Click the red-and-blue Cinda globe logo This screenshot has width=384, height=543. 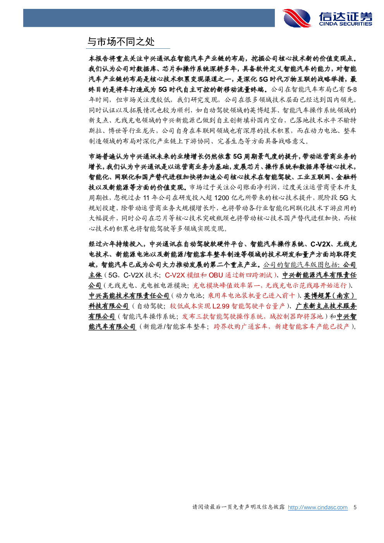[297, 18]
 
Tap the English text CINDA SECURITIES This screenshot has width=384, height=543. [345, 24]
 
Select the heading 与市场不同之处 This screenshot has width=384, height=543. [121, 42]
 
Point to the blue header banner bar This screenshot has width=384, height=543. [149, 18]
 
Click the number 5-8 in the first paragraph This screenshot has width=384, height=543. [352, 89]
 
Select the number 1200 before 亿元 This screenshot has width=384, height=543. [222, 198]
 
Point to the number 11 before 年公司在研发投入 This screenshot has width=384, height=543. [146, 198]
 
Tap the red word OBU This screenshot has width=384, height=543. [216, 275]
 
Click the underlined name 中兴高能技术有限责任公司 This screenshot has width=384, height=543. [129, 296]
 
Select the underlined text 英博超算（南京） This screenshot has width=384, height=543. [330, 296]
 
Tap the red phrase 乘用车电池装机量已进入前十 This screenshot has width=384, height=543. [251, 296]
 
